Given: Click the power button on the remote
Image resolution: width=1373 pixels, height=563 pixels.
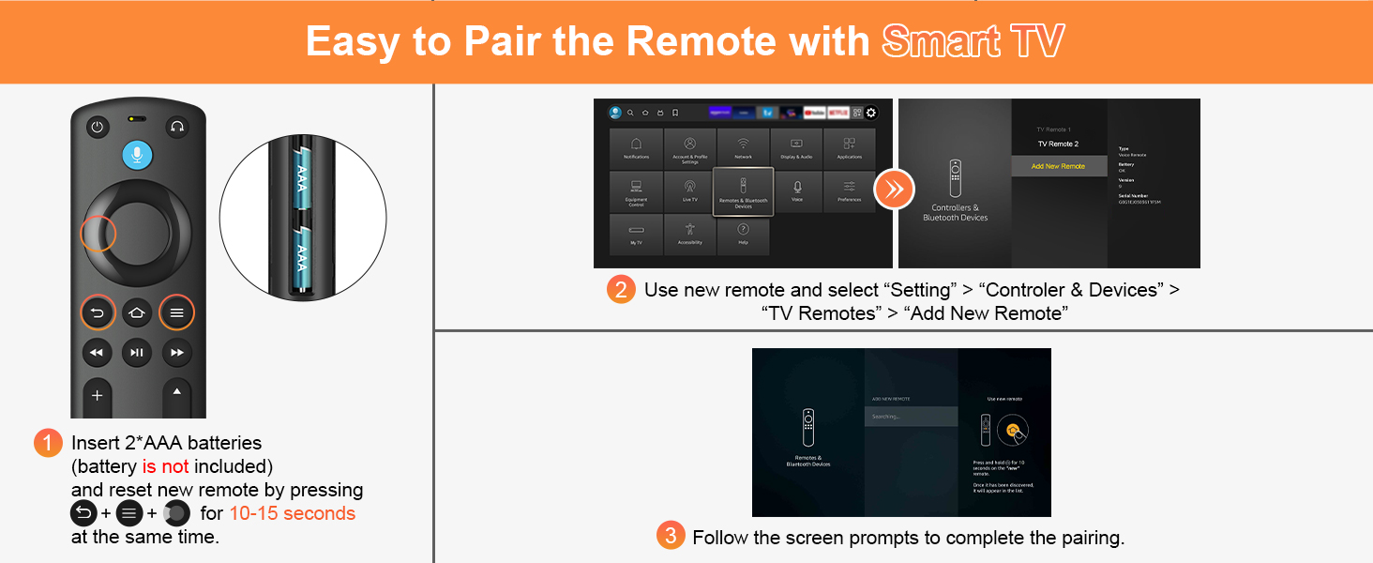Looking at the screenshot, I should pos(98,127).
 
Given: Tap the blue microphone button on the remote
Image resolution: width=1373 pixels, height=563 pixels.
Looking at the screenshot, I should pos(137,155).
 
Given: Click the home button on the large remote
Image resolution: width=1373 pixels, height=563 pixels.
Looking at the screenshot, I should pos(137,312).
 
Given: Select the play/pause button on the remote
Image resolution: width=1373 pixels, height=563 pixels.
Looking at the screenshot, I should pos(137,353).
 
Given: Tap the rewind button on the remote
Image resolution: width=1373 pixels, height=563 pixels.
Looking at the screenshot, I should pos(97,353).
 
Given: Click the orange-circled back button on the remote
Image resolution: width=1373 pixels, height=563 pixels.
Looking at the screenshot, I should pos(98,312).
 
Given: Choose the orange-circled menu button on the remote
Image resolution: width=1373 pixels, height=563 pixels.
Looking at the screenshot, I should pos(176,312).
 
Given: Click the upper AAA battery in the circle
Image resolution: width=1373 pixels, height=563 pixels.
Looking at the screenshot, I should pos(302,178).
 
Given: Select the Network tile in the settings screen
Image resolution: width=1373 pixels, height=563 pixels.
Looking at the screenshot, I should pos(743,148).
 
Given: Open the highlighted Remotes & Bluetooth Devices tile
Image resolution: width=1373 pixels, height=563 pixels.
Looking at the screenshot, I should pos(743,191).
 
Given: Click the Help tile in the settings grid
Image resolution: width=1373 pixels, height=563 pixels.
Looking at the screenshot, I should pos(743,235).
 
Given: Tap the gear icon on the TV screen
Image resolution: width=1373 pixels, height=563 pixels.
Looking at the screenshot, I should pos(870,113).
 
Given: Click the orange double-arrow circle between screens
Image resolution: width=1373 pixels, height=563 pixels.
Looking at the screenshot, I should pos(894,190).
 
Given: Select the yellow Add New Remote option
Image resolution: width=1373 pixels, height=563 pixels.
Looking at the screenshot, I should pos(1058,166).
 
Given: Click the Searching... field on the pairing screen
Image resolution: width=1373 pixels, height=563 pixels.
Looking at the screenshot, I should pos(910,417).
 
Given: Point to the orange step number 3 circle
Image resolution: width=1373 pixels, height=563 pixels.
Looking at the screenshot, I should pos(670,537).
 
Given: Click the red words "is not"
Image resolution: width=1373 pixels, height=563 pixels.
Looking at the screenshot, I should pos(165,466).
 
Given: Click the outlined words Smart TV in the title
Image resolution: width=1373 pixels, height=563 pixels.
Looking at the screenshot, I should pos(973,42).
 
